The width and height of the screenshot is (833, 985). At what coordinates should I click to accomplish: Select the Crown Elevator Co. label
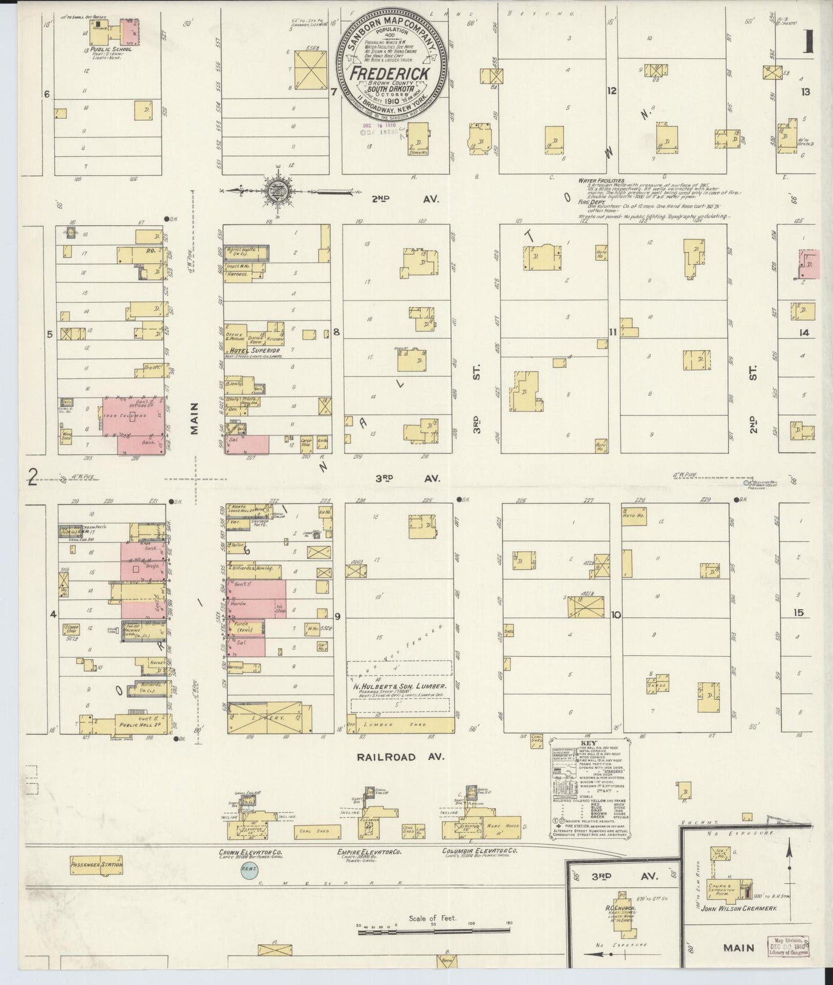tap(251, 851)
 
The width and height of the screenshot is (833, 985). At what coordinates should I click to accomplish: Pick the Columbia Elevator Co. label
tap(480, 851)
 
